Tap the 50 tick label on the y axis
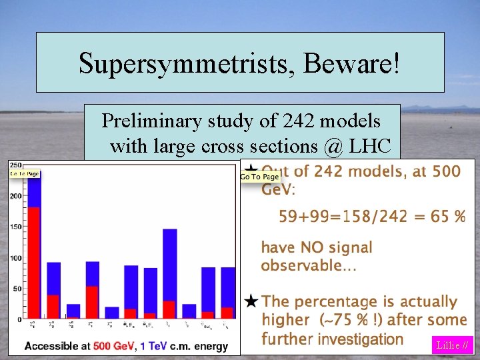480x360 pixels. coord(17,289)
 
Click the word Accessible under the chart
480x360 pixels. coord(49,347)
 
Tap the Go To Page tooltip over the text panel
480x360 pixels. coord(259,177)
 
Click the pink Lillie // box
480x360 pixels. coord(453,345)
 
